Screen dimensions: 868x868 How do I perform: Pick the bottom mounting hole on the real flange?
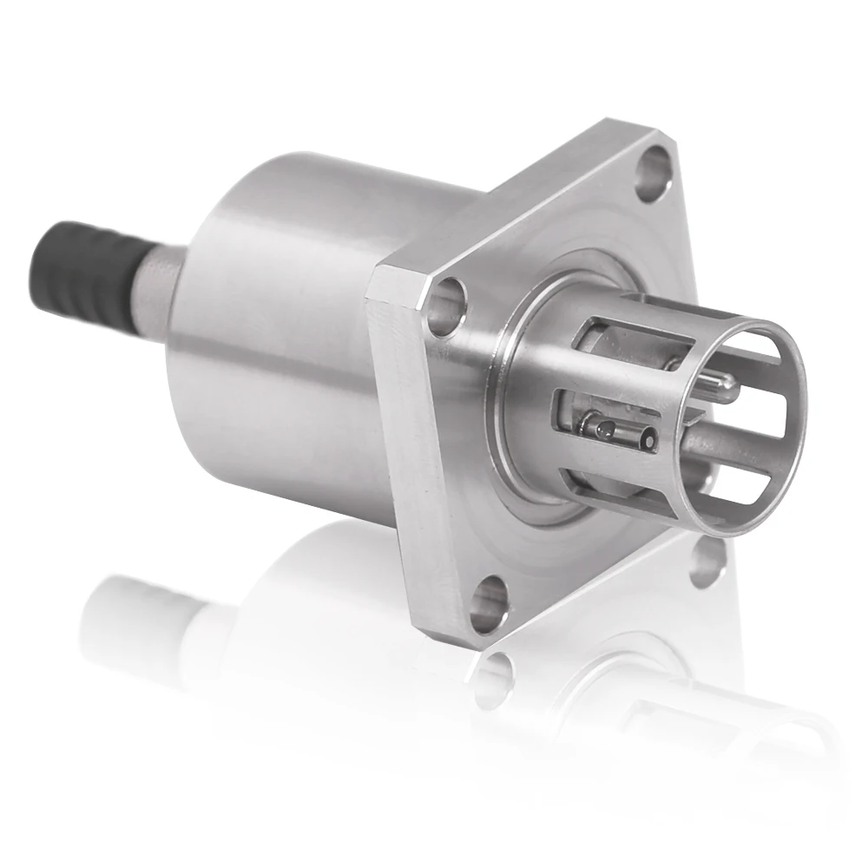point(492,602)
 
